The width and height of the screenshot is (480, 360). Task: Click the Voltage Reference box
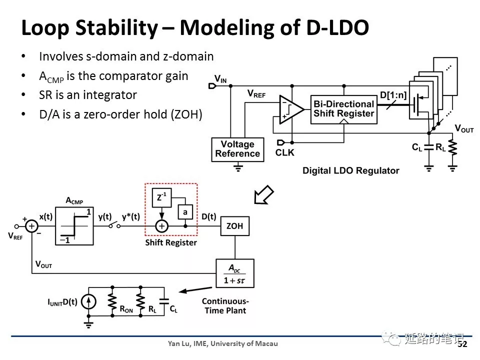pos(237,148)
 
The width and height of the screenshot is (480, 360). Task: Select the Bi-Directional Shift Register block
pos(343,109)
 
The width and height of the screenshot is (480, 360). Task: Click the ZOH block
pos(234,226)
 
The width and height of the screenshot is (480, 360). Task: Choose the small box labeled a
pos(185,212)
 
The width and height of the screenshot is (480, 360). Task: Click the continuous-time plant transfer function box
pos(234,273)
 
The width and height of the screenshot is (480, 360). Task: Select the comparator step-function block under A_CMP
pos(74,226)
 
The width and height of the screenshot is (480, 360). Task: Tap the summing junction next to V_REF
pos(32,226)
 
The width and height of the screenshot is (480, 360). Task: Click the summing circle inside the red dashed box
pos(161,226)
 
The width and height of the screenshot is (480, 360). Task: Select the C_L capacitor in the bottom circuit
pos(163,301)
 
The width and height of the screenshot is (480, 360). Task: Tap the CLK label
pos(285,152)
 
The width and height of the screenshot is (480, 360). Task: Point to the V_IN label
pos(220,78)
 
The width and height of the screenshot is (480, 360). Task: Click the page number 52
pos(462,344)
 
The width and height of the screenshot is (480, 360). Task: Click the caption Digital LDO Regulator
pos(350,170)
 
